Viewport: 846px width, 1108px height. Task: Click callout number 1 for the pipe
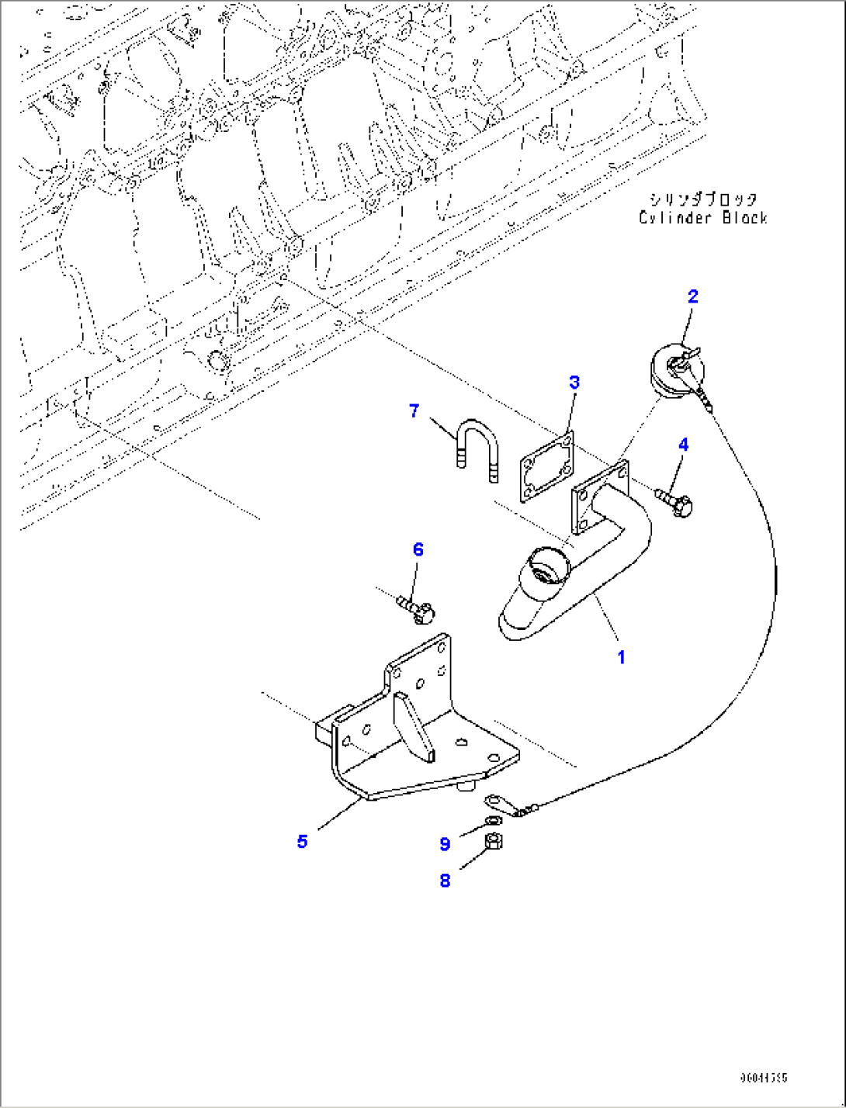pyautogui.click(x=621, y=657)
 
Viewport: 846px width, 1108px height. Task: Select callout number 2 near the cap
pyautogui.click(x=693, y=296)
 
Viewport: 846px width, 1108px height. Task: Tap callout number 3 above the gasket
pyautogui.click(x=574, y=382)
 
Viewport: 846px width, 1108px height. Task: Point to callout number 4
pyautogui.click(x=683, y=445)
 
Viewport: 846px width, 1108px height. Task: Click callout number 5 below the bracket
pyautogui.click(x=302, y=841)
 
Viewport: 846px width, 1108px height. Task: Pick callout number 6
pyautogui.click(x=418, y=549)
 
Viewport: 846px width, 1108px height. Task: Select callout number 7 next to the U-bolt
pyautogui.click(x=414, y=410)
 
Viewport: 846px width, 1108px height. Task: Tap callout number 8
pyautogui.click(x=445, y=881)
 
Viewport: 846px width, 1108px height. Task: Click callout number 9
pyautogui.click(x=445, y=844)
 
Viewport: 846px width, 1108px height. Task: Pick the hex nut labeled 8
pyautogui.click(x=493, y=840)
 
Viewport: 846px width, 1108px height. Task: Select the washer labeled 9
pyautogui.click(x=492, y=820)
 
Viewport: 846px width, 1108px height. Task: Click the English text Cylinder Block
pyautogui.click(x=703, y=218)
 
